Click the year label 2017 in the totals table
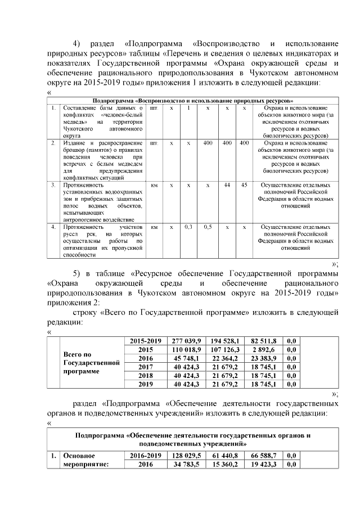coord(146,367)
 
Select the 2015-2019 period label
coord(146,341)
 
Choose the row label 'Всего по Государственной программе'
coord(92,363)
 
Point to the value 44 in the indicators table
coord(227,184)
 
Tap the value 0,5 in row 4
coord(208,227)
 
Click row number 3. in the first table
coord(52,184)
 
